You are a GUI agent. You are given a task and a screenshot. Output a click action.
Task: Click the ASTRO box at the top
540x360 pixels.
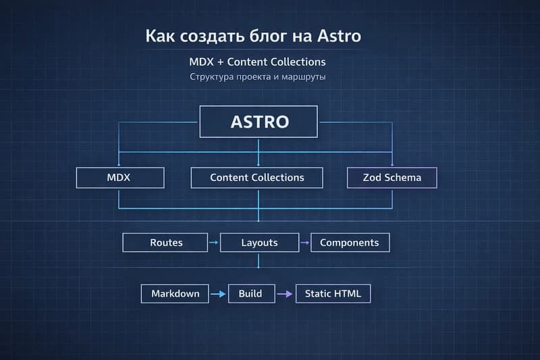(259, 122)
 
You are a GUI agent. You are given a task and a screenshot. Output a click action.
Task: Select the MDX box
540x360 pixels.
(120, 178)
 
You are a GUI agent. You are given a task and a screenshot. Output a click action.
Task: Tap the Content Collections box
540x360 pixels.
(256, 178)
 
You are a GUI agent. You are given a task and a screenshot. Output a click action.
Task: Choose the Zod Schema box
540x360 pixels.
(392, 178)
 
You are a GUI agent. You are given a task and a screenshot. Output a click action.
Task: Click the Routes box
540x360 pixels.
(166, 242)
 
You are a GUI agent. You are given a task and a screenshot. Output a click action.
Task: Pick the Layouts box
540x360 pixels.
(259, 242)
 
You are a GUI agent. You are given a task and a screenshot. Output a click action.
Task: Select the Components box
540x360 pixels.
(349, 242)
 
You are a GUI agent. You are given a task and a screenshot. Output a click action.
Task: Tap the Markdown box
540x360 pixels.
(175, 294)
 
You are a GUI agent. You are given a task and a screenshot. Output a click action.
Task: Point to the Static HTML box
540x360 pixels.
(333, 294)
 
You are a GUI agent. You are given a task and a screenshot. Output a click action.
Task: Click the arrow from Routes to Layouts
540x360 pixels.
(213, 242)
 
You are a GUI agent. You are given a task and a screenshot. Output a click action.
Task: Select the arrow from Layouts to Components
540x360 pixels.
(304, 242)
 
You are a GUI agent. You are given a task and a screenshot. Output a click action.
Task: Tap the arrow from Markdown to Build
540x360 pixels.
(217, 294)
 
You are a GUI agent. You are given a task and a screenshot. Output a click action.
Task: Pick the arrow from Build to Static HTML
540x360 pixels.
(287, 294)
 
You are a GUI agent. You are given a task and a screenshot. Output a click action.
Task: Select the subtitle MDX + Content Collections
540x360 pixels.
(257, 62)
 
